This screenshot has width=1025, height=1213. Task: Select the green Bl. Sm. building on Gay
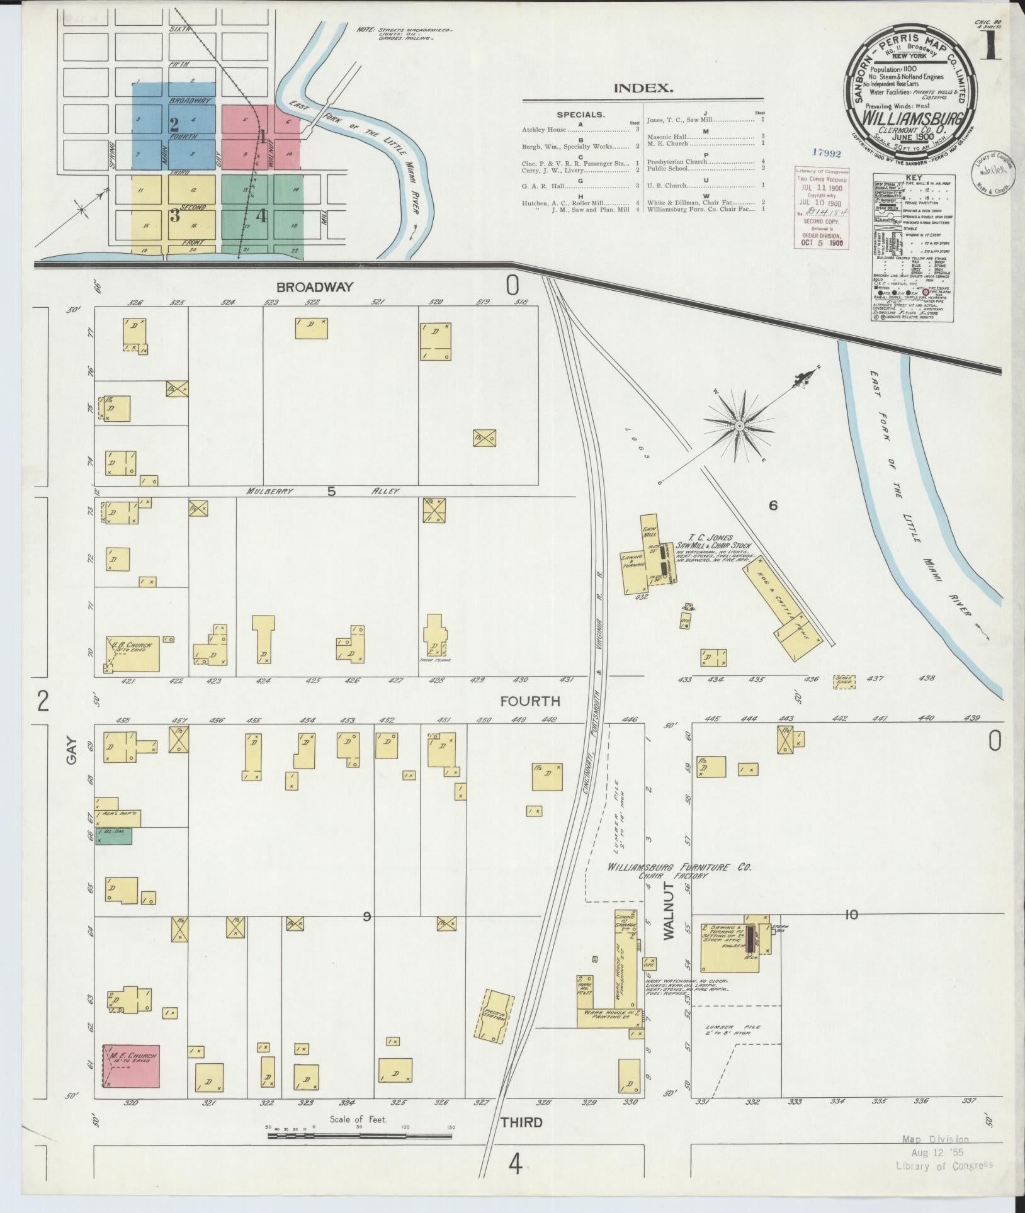click(x=113, y=836)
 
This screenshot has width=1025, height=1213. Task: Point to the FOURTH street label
click(x=529, y=701)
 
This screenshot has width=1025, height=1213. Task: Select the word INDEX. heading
click(x=643, y=88)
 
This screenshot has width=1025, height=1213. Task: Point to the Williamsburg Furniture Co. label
click(x=679, y=867)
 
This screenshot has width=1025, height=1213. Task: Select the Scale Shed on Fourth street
click(x=844, y=682)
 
